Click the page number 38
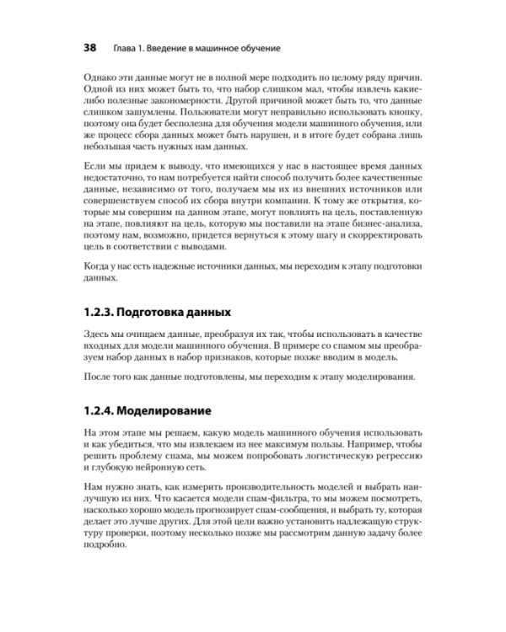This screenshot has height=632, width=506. (x=89, y=48)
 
